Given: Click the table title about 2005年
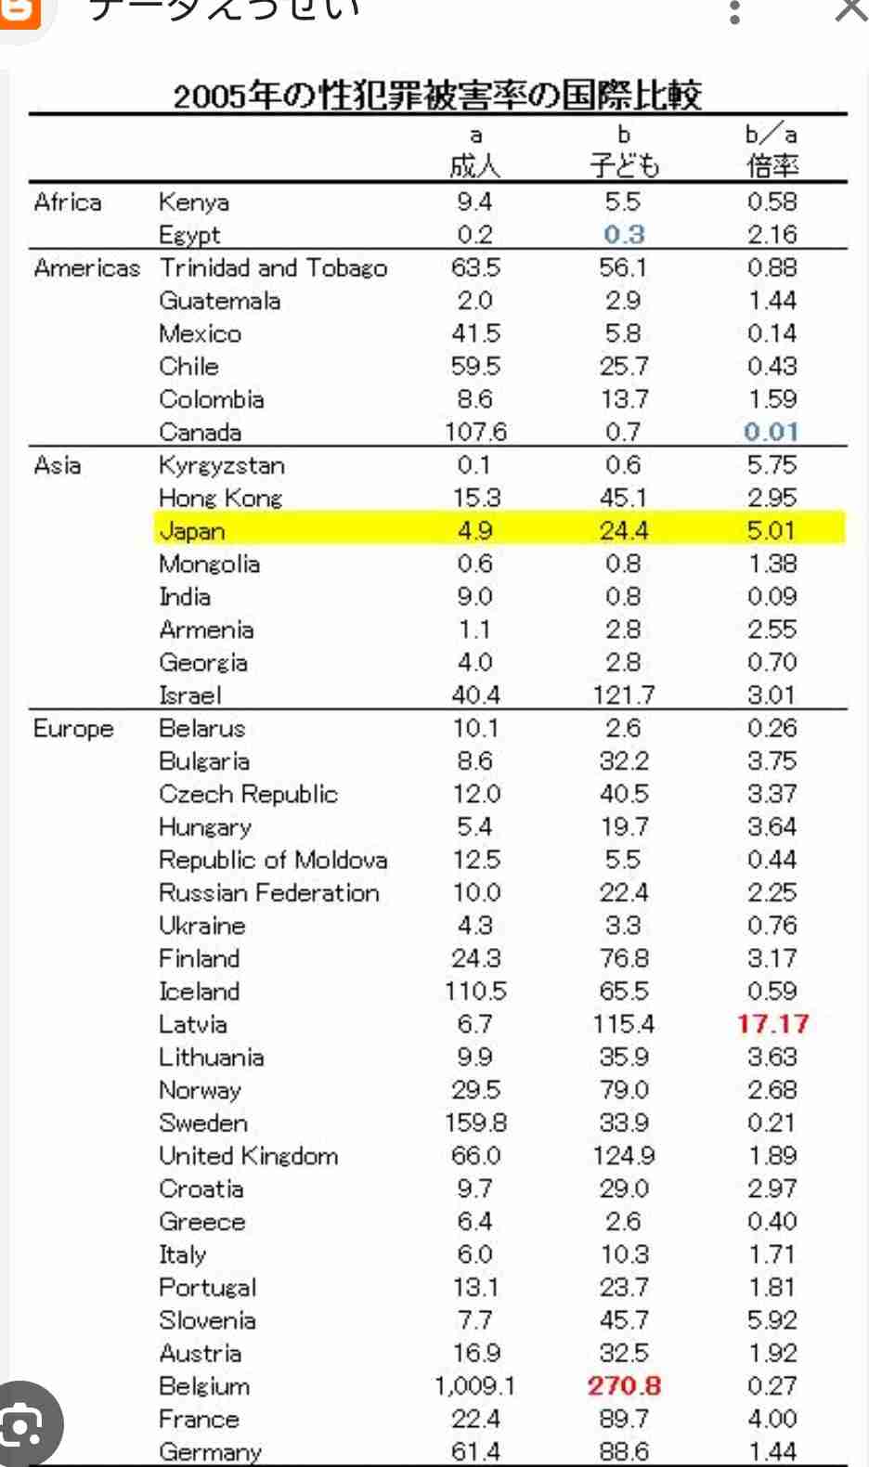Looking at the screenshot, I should (437, 95).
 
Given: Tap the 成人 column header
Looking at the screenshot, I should (474, 166).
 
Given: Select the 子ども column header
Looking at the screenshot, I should (624, 166).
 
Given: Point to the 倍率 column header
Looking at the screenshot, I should (772, 166).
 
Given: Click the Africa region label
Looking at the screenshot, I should (68, 202).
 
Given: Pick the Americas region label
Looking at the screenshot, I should (87, 268).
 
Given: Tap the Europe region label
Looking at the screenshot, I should (73, 729).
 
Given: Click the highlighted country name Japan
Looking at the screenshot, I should (192, 531).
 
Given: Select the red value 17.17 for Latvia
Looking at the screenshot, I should (772, 1024).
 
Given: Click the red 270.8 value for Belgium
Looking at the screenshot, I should (624, 1386).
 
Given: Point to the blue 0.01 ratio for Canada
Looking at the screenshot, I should (772, 432).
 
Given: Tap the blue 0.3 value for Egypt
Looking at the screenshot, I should (624, 235).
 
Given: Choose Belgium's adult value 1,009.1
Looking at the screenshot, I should (474, 1386).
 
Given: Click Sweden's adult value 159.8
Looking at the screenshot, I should (475, 1123).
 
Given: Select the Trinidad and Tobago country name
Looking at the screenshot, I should (273, 268).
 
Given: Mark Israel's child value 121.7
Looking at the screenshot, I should (624, 695).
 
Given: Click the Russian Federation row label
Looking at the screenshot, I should (269, 893).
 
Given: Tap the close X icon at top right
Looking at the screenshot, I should (850, 11).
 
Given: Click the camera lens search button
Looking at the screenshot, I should (28, 1425).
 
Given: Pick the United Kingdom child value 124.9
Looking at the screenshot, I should (624, 1156).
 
